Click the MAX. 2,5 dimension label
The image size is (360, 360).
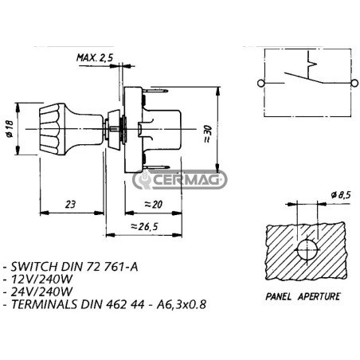coord(95,57)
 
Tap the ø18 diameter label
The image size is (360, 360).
coord(10,129)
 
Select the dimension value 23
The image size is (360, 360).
coord(70,205)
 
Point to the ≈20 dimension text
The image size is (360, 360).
coord(153,205)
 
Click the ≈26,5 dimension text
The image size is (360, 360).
coord(144,226)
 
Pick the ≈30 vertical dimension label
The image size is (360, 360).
coord(208,134)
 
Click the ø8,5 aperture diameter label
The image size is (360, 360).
coord(341,195)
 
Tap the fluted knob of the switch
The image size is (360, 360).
coord(53,129)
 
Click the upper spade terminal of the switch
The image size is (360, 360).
coord(157,91)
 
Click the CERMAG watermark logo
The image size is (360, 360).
coord(180,179)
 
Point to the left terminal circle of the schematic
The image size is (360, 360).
coord(260,84)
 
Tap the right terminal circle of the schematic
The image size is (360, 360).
coord(354,84)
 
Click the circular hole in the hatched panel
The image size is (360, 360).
coord(307,250)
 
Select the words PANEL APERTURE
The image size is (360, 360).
coord(303,296)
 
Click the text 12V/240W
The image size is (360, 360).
coord(41,279)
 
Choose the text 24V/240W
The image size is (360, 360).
coord(41,292)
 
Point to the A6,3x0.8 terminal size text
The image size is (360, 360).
coord(182,304)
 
